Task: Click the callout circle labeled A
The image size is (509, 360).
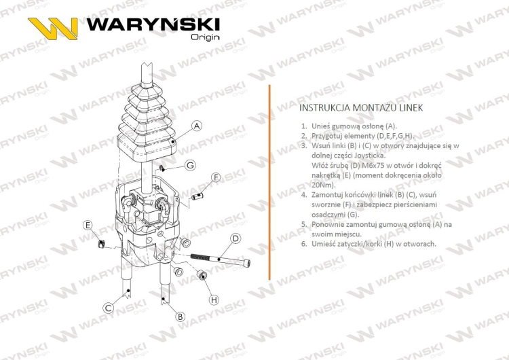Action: coord(197,126)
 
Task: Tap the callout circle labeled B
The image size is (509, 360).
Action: coord(181,317)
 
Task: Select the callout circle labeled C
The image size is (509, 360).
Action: coord(108,308)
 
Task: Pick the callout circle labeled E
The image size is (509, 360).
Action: coord(88,225)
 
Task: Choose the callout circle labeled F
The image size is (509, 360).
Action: coord(216,177)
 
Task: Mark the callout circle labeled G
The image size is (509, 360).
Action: coord(190,165)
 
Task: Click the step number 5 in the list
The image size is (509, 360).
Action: coord(303,223)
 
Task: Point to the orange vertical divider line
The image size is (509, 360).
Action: coord(269,183)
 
